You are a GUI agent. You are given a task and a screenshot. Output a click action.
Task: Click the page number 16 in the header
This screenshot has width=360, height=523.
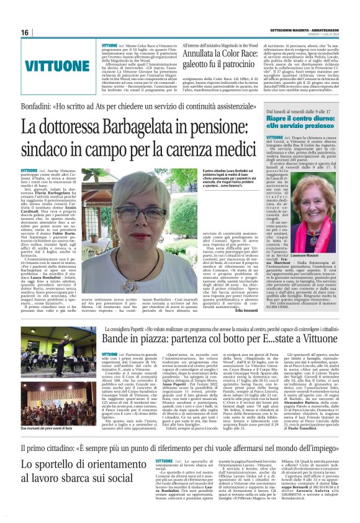point(25,32)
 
